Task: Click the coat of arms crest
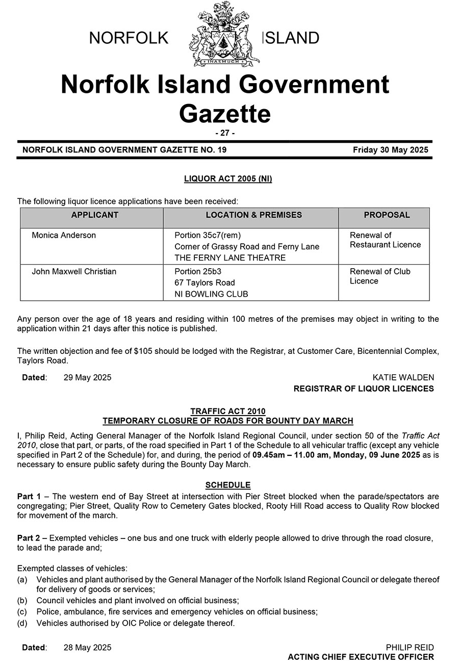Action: pos(225,34)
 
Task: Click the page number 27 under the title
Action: pos(225,133)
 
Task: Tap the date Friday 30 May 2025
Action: pos(390,150)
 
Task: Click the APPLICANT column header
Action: pos(95,215)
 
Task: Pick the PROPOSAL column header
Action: pos(387,215)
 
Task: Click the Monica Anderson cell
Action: pos(64,235)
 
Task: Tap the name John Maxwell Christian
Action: pos(74,271)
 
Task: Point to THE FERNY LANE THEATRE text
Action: pos(230,258)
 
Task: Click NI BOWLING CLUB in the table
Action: pos(211,294)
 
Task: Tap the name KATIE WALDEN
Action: pos(403,377)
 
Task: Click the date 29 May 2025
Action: pos(87,377)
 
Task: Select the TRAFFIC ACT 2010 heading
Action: pos(228,411)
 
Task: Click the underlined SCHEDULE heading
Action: pos(228,485)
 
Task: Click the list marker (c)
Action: pos(22,611)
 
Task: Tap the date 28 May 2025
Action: pos(87,648)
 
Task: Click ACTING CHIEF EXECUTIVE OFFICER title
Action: pos(361,657)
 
